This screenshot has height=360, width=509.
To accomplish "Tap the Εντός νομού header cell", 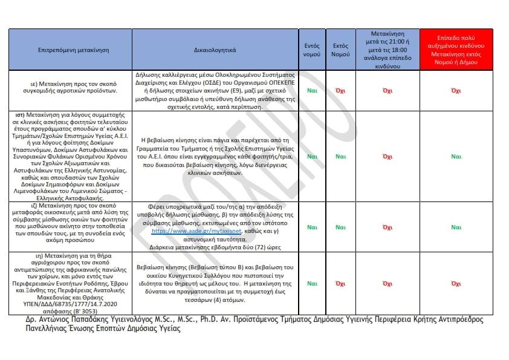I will pyautogui.click(x=312, y=50).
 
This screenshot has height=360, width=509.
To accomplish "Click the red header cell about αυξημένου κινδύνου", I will pyautogui.click(x=456, y=50).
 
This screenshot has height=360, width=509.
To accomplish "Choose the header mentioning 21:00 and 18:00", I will pyautogui.click(x=387, y=50).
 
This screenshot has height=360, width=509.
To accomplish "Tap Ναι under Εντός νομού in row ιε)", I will pyautogui.click(x=312, y=90).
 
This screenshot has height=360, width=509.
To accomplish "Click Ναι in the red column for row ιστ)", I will pyautogui.click(x=456, y=156).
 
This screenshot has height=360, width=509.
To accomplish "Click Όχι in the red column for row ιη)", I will pyautogui.click(x=456, y=283).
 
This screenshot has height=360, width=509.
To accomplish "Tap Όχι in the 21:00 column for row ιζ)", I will pyautogui.click(x=387, y=227).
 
